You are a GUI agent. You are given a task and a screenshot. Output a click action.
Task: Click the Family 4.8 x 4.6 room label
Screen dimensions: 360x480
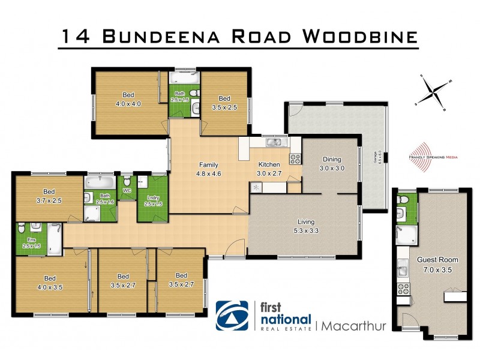click(x=209, y=170)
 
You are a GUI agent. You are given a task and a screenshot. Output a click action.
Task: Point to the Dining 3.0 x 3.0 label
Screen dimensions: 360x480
click(x=332, y=164)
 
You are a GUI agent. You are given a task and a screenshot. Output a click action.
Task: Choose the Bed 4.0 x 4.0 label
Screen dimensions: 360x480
click(x=128, y=99)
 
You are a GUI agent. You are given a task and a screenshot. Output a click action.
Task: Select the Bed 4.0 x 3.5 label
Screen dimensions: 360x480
click(x=50, y=282)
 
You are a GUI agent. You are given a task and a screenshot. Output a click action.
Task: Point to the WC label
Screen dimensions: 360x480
click(x=127, y=191)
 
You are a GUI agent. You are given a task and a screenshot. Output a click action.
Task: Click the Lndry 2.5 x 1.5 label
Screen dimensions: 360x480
click(x=154, y=200)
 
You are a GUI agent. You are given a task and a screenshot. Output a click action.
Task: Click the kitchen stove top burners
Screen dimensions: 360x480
click(x=295, y=159)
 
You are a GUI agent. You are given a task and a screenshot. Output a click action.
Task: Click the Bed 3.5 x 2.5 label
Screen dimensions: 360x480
click(x=224, y=103)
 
